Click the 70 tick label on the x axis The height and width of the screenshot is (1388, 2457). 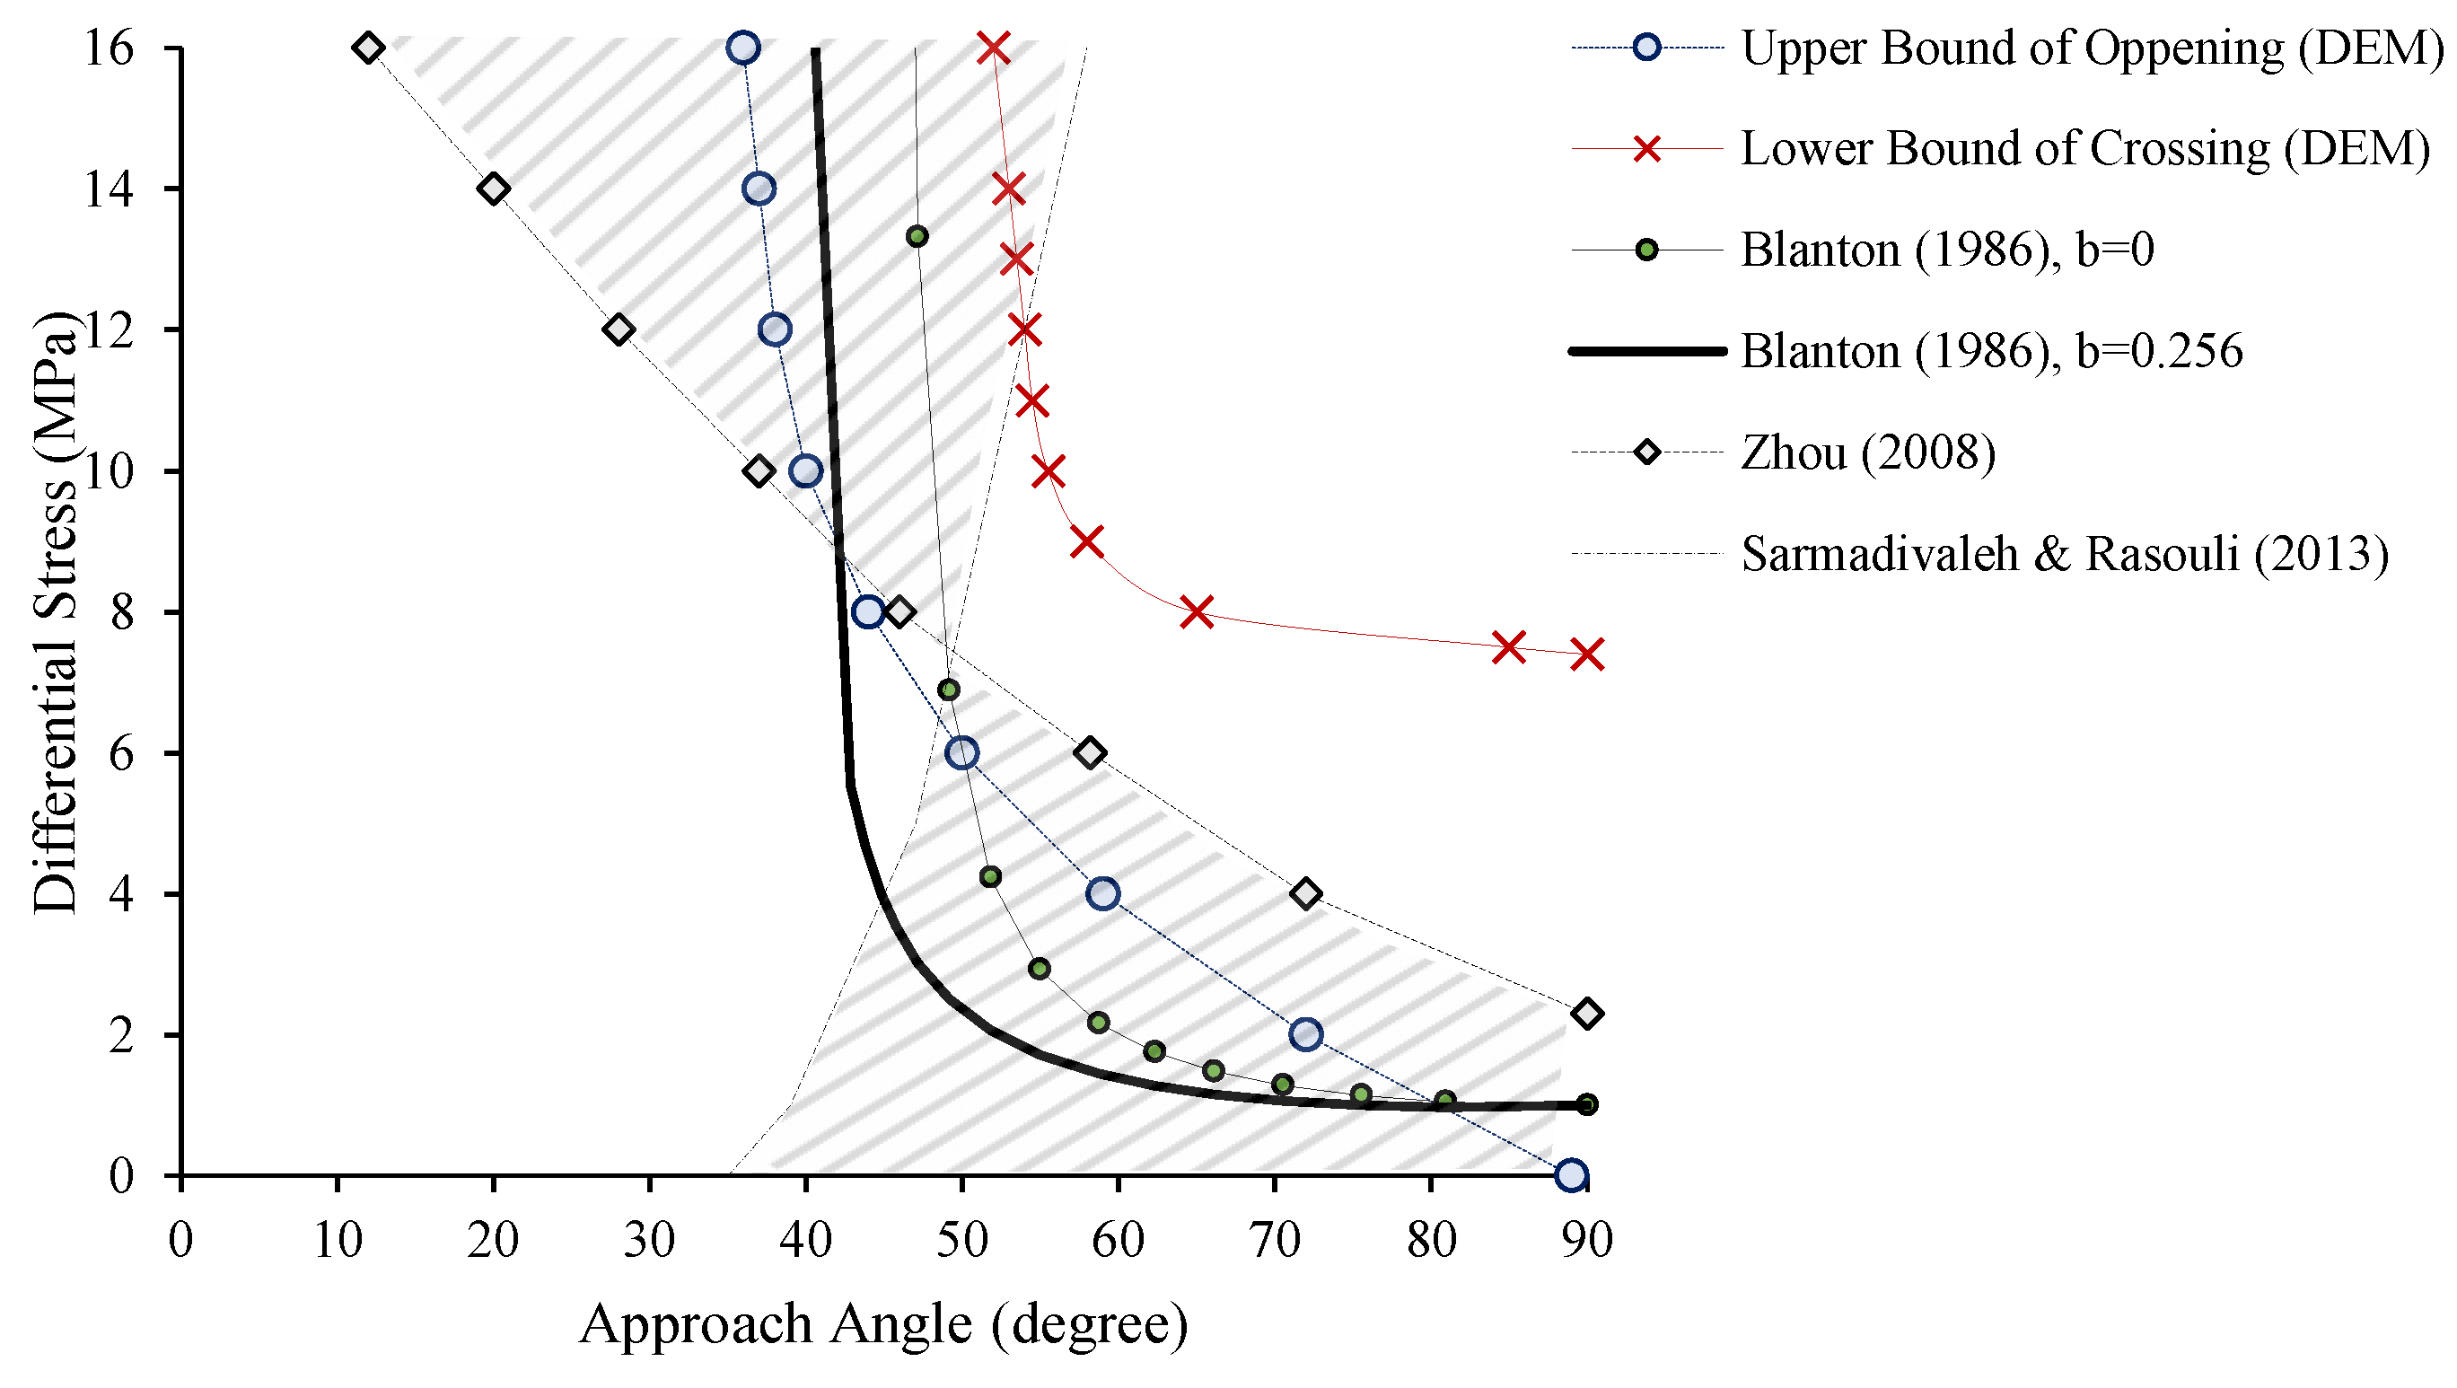[1275, 1241]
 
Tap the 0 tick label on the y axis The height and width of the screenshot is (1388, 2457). [121, 1176]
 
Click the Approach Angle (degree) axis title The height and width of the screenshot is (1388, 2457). [883, 1325]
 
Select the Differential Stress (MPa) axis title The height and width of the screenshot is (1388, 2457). [55, 611]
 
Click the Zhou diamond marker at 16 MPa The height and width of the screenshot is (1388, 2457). [368, 48]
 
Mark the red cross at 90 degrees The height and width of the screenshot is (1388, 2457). [1587, 654]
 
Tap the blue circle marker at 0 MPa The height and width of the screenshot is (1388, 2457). [1571, 1175]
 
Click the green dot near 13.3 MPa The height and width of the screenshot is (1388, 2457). [917, 235]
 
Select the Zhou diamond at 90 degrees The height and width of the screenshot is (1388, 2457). [1587, 1013]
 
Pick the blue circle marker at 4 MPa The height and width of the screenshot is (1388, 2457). [1102, 894]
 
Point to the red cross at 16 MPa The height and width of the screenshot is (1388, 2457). [994, 48]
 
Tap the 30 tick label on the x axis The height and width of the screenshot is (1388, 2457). [650, 1241]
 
